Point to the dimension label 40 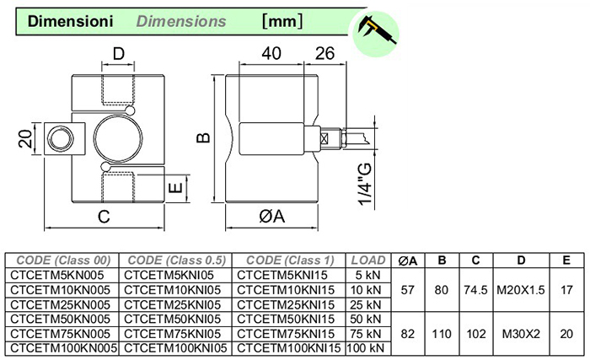(271, 54)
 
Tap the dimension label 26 (324, 54)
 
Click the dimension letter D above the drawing (119, 55)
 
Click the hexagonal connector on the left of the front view (61, 138)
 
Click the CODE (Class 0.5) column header (174, 260)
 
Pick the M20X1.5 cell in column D (519, 288)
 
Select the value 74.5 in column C (476, 288)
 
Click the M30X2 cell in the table (519, 332)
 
